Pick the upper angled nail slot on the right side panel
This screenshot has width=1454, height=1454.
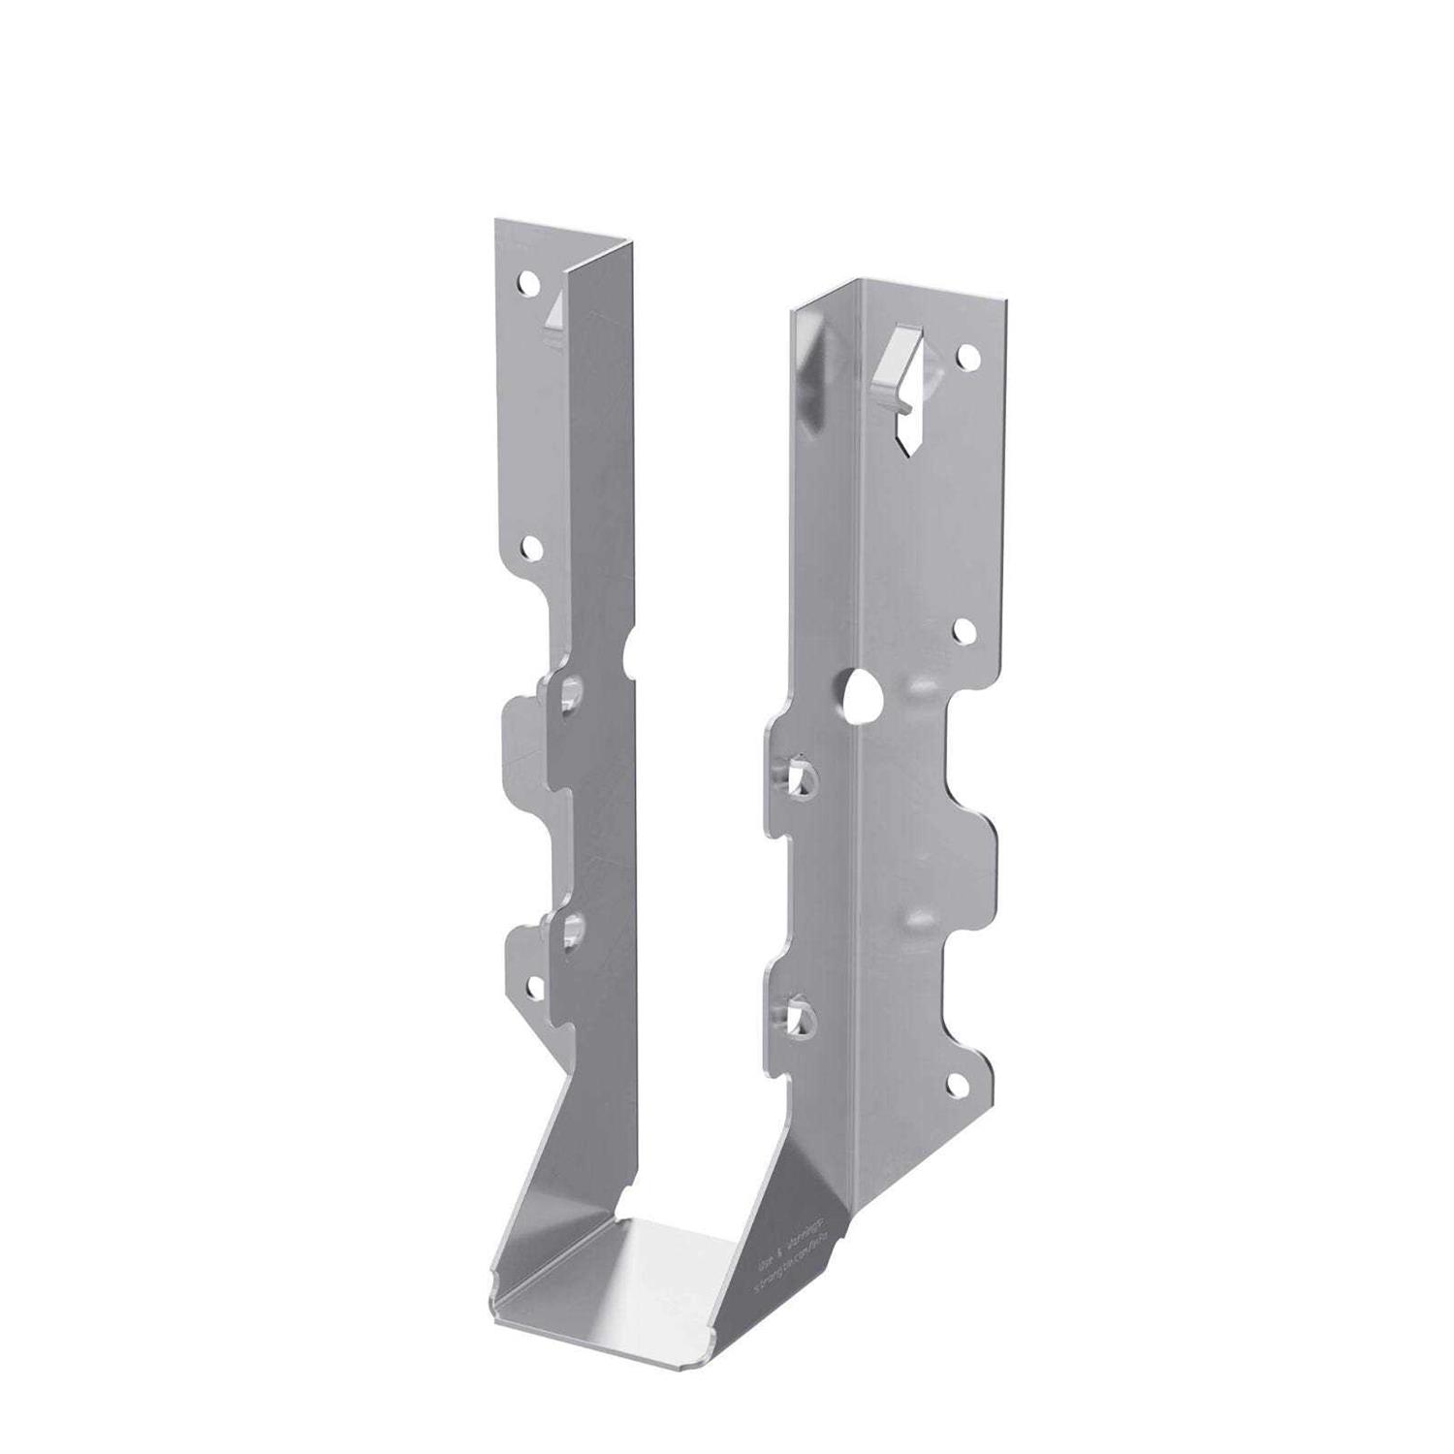pyautogui.click(x=799, y=776)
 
